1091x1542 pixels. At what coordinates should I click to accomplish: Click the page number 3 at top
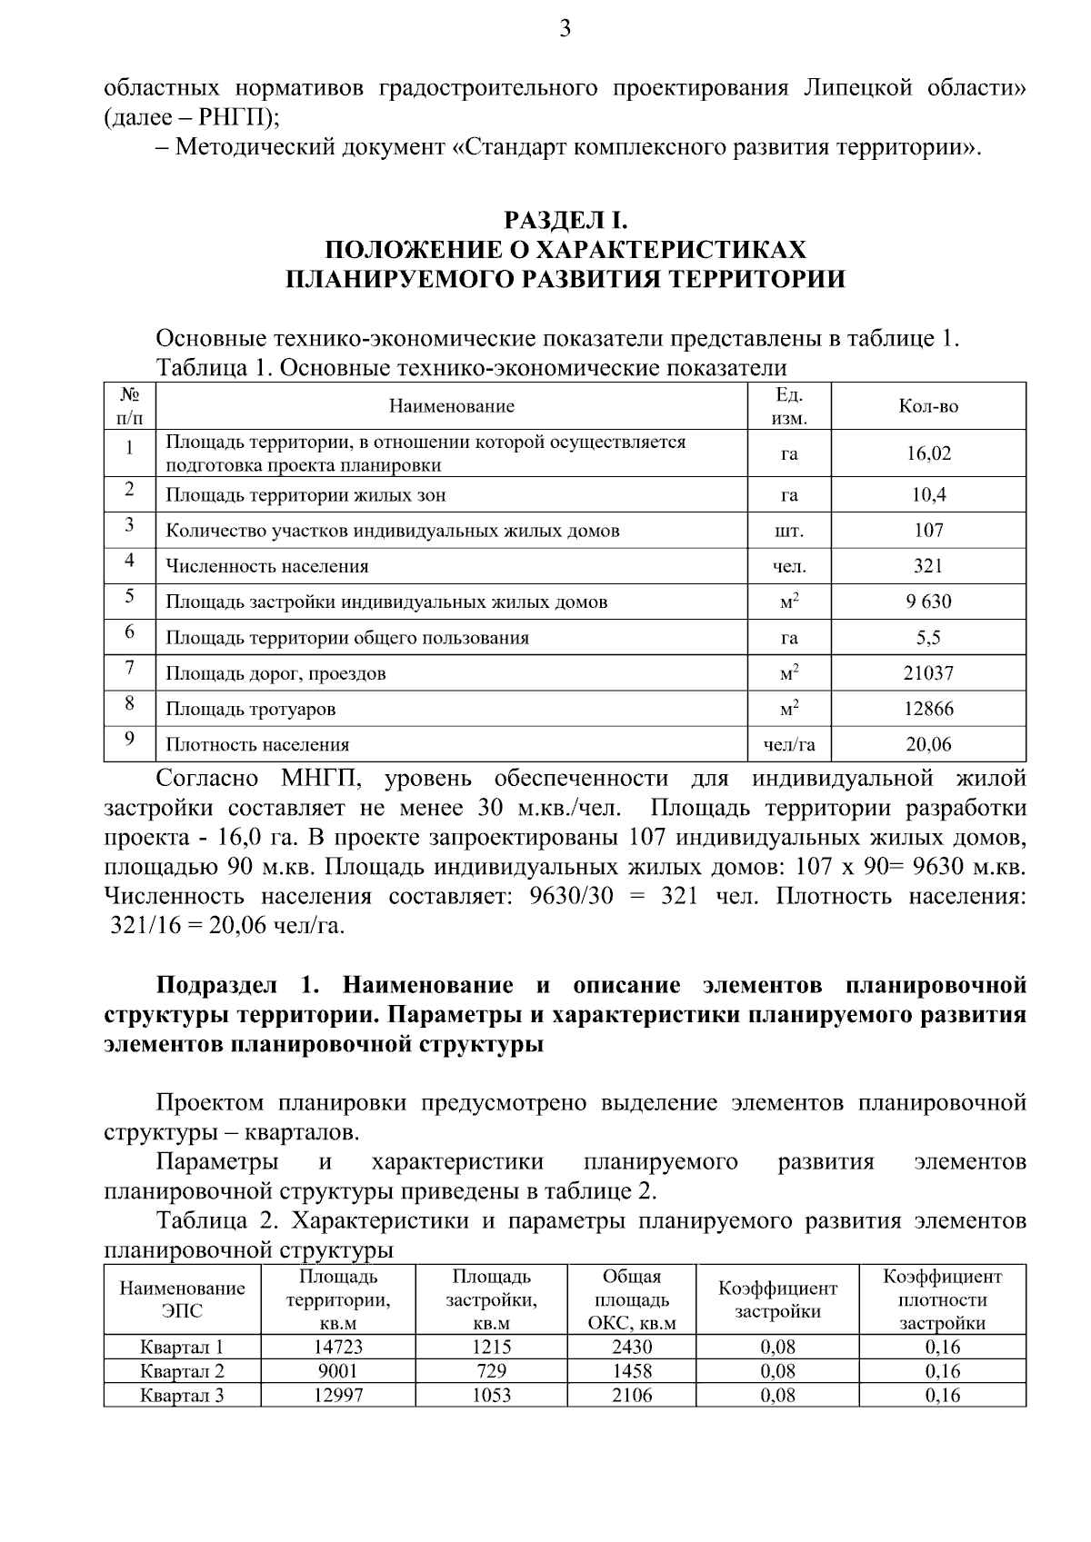[565, 29]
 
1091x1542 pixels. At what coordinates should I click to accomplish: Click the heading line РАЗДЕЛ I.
[566, 221]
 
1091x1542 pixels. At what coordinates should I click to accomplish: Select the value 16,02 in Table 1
[928, 453]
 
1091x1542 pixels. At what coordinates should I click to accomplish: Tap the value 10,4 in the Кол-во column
[928, 495]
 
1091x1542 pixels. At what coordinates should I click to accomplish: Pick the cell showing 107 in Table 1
[928, 531]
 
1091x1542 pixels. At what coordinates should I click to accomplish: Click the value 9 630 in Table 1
[928, 602]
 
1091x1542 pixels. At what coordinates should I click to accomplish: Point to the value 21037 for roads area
[928, 673]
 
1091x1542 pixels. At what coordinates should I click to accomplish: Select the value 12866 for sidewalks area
[928, 709]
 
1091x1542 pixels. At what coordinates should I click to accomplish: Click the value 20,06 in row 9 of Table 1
[928, 745]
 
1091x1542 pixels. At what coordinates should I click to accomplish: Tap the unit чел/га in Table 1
[789, 745]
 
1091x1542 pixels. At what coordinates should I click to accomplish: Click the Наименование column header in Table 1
[451, 406]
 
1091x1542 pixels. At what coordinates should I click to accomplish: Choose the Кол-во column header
[928, 406]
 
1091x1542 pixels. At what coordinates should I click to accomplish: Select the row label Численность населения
[266, 567]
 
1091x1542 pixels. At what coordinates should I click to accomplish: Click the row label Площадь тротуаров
[250, 710]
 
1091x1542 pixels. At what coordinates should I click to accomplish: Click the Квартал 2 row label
[182, 1371]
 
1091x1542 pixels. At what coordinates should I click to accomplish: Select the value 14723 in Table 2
[338, 1348]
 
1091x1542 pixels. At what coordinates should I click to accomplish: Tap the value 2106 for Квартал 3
[632, 1395]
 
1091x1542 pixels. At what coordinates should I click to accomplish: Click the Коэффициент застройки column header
[777, 1299]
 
